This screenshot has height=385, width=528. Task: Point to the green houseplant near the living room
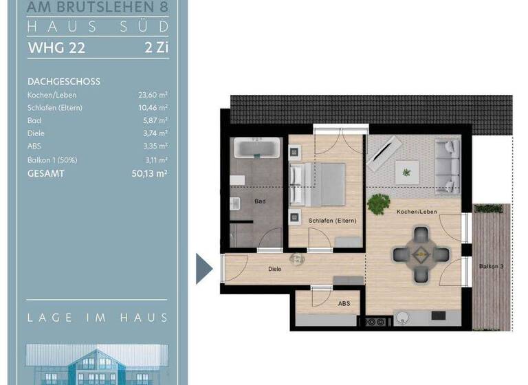[x=377, y=204]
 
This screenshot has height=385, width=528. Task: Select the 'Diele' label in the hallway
[x=274, y=269]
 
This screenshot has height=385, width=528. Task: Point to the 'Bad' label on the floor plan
[x=260, y=201]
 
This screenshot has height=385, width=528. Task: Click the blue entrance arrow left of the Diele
[x=204, y=268]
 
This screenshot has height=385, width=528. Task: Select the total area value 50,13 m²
[x=149, y=174]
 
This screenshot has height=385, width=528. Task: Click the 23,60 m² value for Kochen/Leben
[x=153, y=95]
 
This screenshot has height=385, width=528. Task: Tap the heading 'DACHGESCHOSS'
[x=64, y=81]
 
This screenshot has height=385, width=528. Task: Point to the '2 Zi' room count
[x=155, y=48]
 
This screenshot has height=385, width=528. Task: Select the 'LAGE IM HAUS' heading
[x=97, y=318]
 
